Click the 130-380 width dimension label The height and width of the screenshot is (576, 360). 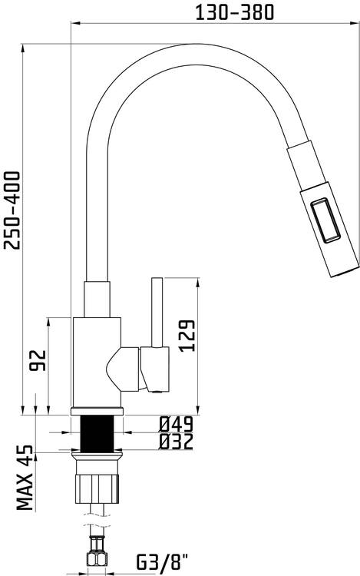point(234,12)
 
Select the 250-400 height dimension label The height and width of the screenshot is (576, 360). point(12,210)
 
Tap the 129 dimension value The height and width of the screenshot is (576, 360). point(187,336)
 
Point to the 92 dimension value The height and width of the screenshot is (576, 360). point(38,360)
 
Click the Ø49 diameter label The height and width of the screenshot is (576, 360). point(176,425)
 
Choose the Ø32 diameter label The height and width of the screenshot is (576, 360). point(176,442)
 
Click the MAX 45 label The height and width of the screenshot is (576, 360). point(25,478)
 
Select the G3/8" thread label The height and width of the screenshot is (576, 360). point(163,562)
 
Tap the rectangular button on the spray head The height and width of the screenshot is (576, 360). point(326,220)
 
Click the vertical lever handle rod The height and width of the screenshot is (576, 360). point(157,313)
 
